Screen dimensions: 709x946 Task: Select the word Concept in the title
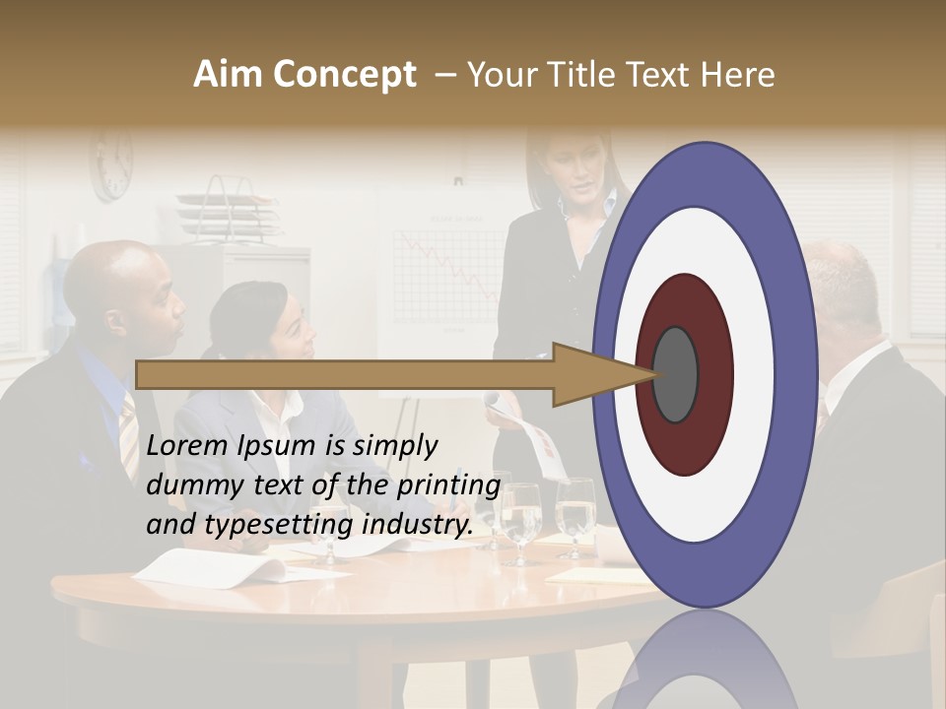click(344, 75)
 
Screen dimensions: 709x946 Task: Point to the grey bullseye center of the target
click(676, 375)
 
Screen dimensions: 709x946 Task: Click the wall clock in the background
click(112, 164)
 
